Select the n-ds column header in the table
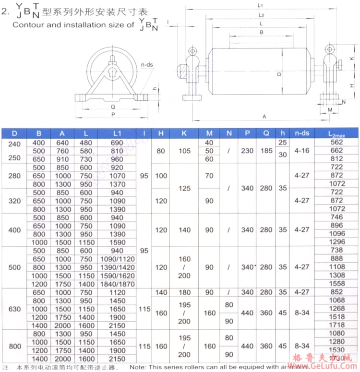tap(302, 133)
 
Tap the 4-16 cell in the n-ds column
tap(302, 151)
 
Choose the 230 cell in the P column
tap(248, 151)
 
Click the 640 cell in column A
tap(63, 143)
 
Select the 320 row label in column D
tap(14, 201)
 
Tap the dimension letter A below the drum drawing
tap(264, 116)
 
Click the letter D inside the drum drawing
tap(279, 75)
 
